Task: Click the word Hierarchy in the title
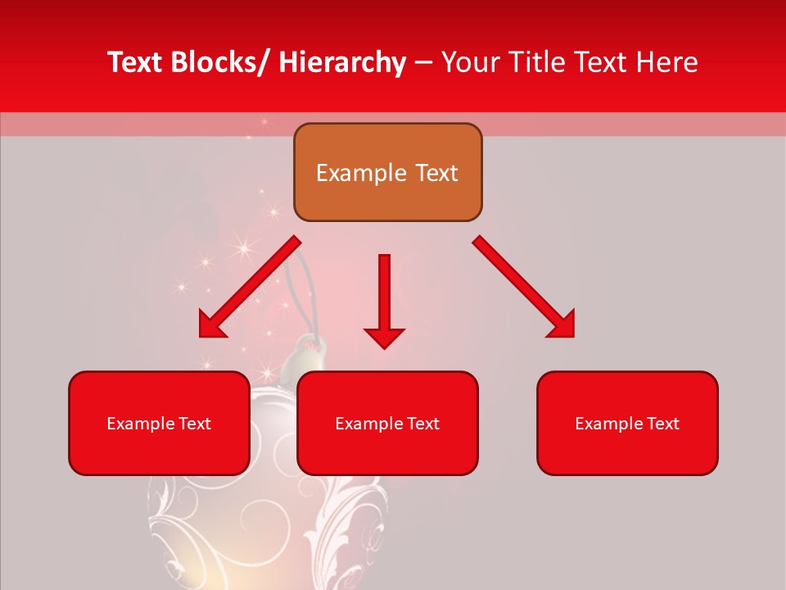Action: (x=341, y=62)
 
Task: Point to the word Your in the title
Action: (x=471, y=62)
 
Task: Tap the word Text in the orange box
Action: (x=436, y=173)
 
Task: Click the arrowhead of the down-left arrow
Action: (x=212, y=325)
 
